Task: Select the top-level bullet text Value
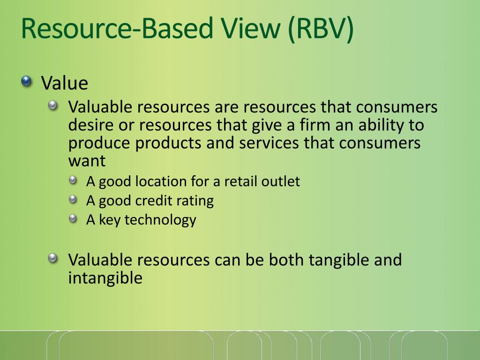coord(65,83)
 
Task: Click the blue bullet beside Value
coord(27,82)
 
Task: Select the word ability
coord(372,125)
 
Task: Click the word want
coord(87,161)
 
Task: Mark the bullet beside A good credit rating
coord(73,200)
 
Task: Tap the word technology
coord(160,220)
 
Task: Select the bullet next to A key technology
coord(73,218)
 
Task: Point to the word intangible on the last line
coord(105,278)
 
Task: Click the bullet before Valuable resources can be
coord(54,258)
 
